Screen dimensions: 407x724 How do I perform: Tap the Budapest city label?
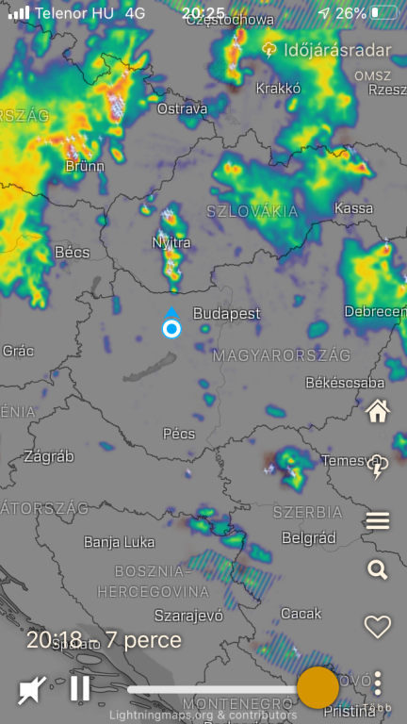click(226, 313)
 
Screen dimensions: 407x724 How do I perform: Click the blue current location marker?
click(171, 328)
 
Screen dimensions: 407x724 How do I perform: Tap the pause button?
click(80, 688)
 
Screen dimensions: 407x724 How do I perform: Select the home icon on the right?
click(378, 411)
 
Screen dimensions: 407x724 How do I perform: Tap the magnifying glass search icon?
click(378, 569)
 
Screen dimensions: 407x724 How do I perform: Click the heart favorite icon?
click(378, 627)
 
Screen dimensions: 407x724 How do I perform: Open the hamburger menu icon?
click(378, 520)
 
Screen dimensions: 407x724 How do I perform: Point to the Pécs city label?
click(179, 434)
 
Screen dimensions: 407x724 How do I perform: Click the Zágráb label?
click(49, 456)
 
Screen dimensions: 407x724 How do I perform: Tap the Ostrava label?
click(182, 109)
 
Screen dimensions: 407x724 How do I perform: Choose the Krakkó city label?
click(278, 88)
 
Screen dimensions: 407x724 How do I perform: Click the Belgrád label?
click(309, 537)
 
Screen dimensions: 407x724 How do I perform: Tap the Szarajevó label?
click(188, 616)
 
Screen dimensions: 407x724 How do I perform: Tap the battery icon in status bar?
click(385, 13)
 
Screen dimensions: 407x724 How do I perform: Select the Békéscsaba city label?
click(345, 383)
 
